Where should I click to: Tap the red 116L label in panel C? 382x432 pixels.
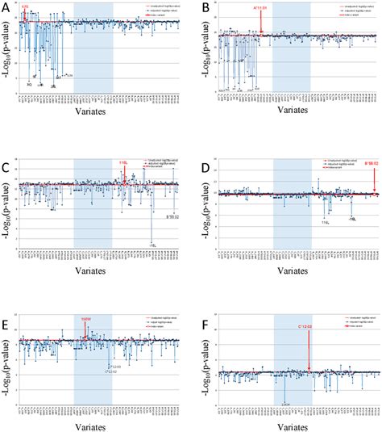[123, 162]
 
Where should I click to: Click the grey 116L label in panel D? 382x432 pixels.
[326, 220]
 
